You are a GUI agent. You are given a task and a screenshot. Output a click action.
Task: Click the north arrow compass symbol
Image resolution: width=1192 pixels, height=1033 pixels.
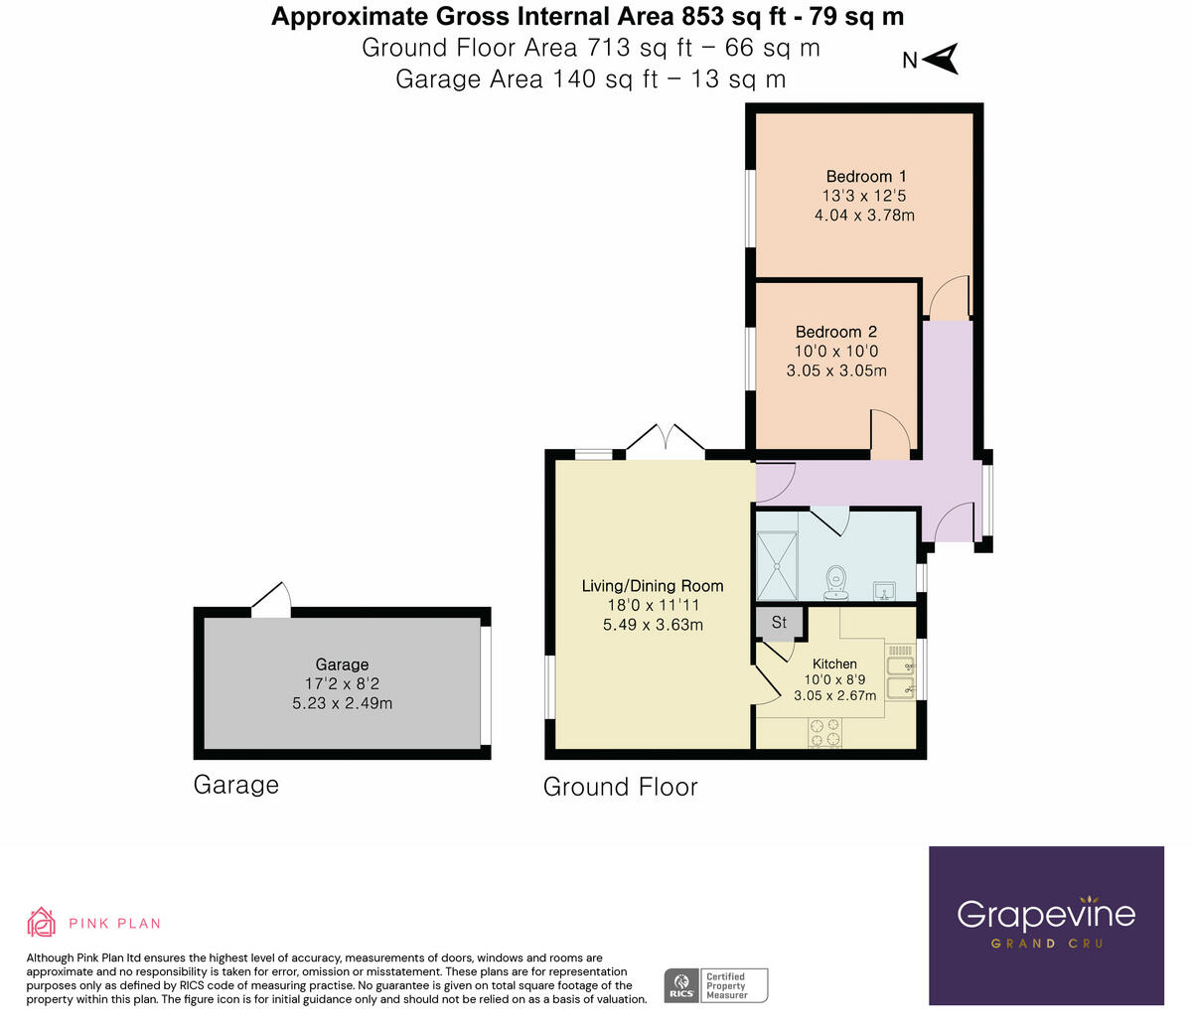[x=940, y=59]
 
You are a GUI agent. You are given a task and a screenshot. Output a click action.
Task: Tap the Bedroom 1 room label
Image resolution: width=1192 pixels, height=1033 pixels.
[x=865, y=176]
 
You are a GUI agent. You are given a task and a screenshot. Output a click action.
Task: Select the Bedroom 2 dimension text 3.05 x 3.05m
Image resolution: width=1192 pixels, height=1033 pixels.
[x=835, y=370]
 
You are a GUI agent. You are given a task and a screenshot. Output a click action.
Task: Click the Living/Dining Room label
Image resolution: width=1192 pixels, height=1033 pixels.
[x=652, y=586]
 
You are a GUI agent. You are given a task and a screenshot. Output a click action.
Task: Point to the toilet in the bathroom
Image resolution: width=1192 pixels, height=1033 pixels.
[x=836, y=580]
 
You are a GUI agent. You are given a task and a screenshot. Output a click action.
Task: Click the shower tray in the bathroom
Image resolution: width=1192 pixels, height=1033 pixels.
[x=777, y=565]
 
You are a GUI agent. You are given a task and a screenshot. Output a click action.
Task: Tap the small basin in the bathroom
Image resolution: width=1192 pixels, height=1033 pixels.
[x=884, y=592]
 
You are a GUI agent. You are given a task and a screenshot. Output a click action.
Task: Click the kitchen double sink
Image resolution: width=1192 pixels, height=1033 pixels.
[x=900, y=676]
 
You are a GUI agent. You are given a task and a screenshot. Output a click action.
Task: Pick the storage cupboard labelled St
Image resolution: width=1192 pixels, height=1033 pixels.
[x=779, y=623]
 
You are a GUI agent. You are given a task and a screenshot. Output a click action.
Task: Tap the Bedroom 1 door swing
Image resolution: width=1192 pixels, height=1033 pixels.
[x=947, y=297]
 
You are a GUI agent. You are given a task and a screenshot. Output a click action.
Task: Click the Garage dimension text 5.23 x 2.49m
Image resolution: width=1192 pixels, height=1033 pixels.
[x=342, y=703]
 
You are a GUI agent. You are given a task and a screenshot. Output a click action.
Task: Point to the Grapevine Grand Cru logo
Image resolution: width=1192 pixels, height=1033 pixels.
[x=1045, y=925]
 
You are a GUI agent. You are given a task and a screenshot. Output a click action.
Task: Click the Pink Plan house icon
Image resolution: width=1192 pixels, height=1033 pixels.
[x=41, y=922]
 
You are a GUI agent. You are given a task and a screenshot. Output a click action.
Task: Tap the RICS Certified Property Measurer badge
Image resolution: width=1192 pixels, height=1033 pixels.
[x=716, y=985]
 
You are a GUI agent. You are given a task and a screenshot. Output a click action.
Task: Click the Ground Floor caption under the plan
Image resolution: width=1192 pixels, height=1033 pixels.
[x=620, y=787]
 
